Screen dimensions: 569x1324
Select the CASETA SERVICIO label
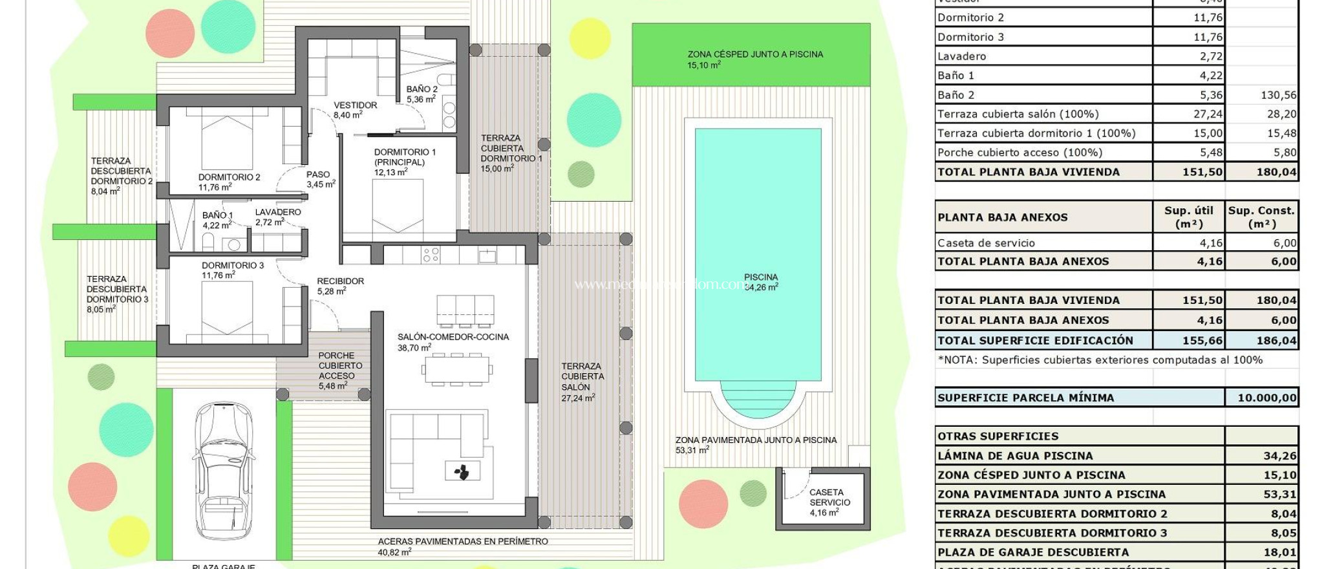(829, 502)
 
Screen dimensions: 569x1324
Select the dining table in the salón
(457, 370)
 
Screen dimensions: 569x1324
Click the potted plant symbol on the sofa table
(462, 472)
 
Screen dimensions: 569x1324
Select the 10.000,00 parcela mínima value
(1266, 398)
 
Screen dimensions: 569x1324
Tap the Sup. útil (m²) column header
(1188, 217)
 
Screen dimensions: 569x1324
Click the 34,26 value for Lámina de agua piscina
(1279, 456)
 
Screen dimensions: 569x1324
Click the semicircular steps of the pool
(758, 398)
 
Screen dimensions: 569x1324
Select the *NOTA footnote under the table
(1099, 360)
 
